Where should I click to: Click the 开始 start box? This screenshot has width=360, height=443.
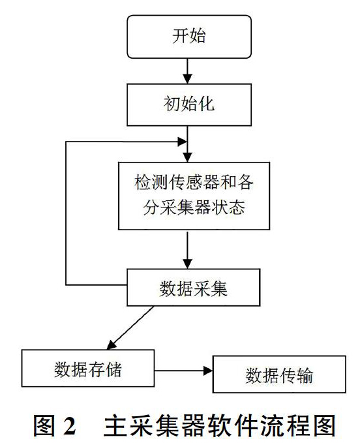pos(189,37)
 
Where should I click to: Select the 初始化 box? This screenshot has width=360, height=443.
pos(189,104)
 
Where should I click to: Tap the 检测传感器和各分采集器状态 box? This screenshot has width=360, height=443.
pos(194,196)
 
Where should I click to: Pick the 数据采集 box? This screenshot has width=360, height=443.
pos(193,287)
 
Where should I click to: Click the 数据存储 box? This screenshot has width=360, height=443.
pos(88,368)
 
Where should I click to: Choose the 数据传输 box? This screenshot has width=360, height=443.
pos(279,374)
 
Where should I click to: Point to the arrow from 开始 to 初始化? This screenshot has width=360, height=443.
pos(187,71)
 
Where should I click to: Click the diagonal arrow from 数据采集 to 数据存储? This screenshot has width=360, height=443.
pos(130,328)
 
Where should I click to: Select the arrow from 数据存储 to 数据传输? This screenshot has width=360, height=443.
pos(183,371)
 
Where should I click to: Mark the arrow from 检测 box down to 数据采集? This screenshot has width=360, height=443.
pos(187,250)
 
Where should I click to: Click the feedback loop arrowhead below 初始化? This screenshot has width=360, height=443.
pos(182,142)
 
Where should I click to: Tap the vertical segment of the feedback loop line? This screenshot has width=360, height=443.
pos(66,213)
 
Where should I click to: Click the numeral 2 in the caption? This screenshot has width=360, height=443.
pos(70,425)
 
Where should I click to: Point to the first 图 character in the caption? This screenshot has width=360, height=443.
pos(44,425)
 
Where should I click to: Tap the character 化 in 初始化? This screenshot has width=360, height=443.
pos(206,104)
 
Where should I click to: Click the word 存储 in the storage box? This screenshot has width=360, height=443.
pos(105,369)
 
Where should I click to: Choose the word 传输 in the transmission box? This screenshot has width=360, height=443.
pos(296,376)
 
